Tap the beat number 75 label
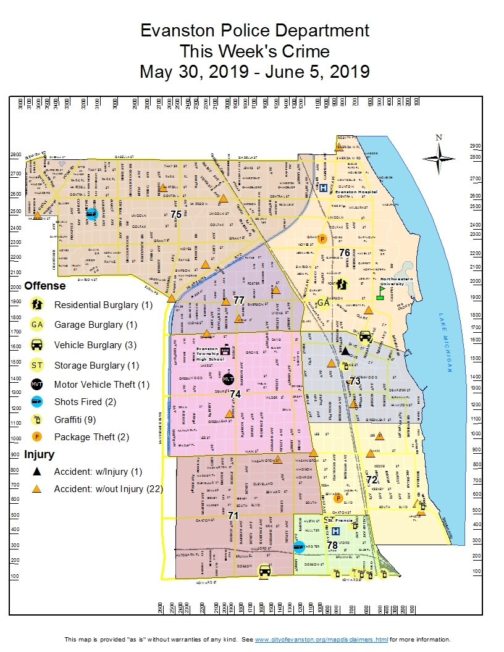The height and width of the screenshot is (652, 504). [x=176, y=214]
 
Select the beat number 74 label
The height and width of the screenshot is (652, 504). [x=235, y=393]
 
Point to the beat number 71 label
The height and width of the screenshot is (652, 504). [x=233, y=515]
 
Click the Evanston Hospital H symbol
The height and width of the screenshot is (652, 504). [x=323, y=188]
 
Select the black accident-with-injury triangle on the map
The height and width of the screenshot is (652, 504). [x=346, y=351]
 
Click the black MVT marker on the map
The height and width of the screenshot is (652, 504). [x=228, y=378]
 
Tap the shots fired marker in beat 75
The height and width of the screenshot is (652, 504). [x=91, y=214]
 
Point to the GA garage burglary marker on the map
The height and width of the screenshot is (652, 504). [x=323, y=303]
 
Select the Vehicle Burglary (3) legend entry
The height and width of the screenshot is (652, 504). [x=95, y=345]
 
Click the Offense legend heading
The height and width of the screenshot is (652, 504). [x=44, y=286]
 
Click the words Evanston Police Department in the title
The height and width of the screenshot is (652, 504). [x=254, y=30]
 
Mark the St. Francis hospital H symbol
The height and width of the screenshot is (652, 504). [x=335, y=531]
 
